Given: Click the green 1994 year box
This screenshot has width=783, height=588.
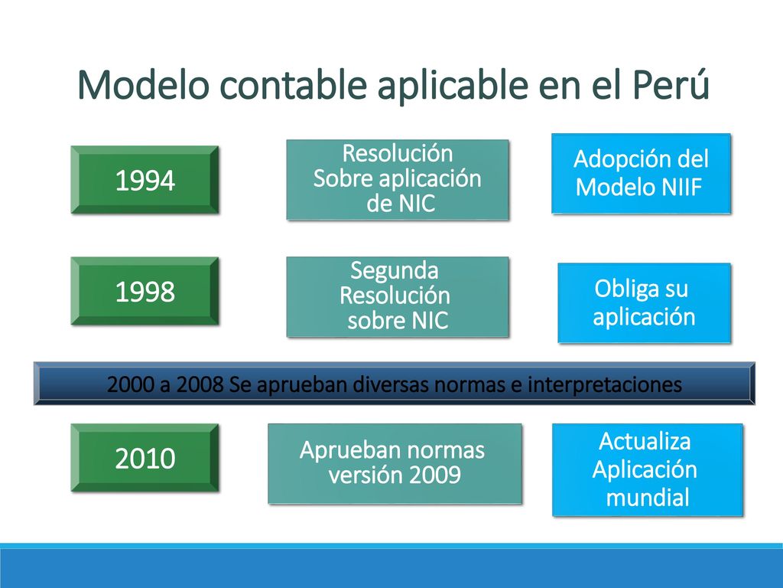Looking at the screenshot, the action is click(x=145, y=180).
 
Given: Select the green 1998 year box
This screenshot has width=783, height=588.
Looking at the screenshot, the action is click(x=145, y=291).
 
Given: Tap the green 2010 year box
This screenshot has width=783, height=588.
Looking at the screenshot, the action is click(x=145, y=458).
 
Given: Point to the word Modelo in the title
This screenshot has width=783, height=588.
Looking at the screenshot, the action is click(x=143, y=84).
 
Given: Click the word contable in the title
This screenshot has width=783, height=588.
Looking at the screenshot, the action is click(x=293, y=84).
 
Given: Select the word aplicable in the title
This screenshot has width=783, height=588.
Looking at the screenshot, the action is click(x=453, y=87).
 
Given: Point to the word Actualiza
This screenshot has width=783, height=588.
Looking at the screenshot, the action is click(x=645, y=441).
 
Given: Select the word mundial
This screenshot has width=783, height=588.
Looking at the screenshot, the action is click(x=648, y=498).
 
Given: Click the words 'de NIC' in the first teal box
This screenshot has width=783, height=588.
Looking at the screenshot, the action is click(x=401, y=204).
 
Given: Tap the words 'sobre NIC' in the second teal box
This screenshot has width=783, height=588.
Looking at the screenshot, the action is click(x=398, y=321).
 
